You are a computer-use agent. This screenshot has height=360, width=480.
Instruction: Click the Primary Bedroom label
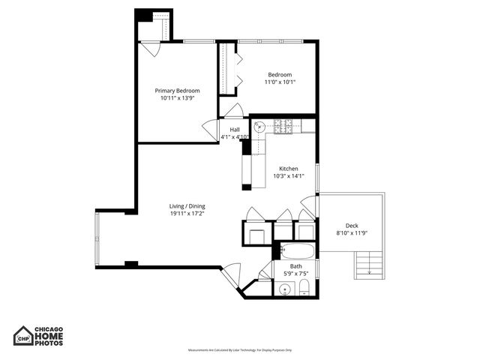point(177,90)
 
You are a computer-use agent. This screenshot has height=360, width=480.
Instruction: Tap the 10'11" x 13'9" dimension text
point(177,97)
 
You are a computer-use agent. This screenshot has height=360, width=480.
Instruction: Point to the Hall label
point(235,130)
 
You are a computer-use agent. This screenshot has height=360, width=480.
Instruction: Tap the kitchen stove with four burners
point(283,126)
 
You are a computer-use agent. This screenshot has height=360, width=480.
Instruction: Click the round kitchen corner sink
point(259,127)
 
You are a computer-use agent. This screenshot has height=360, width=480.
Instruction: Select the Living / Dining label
point(187,206)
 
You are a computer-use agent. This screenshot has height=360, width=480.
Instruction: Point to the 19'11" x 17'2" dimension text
point(187,214)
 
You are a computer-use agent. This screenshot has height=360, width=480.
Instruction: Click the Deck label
point(352,226)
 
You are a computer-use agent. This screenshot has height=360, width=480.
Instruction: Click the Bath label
point(296,266)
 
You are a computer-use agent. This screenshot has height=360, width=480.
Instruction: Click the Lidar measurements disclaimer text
point(240,350)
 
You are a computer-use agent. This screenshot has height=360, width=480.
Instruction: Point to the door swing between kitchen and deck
point(308,205)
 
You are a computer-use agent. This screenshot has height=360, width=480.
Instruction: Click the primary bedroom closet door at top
point(152,49)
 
